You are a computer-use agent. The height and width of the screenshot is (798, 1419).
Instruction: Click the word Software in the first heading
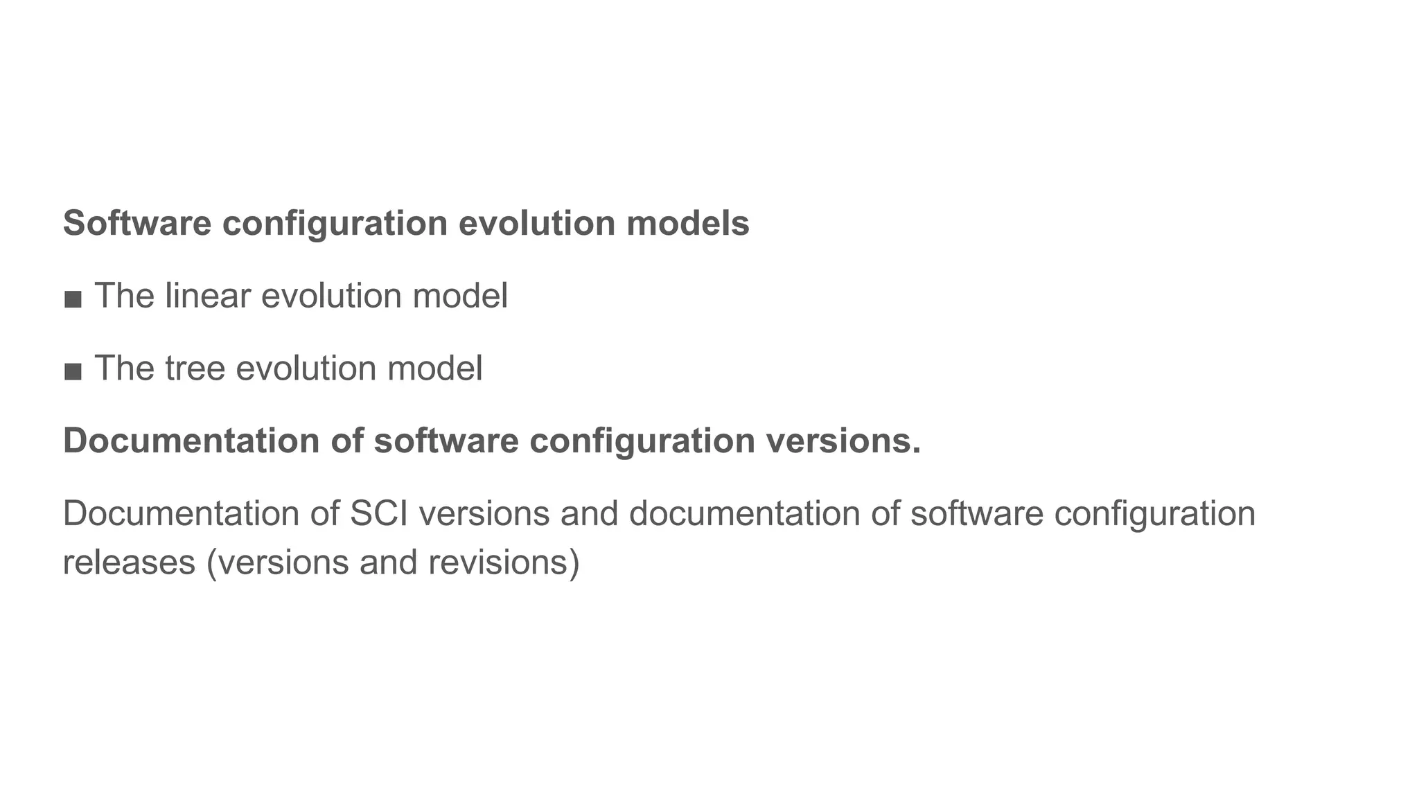click(x=137, y=224)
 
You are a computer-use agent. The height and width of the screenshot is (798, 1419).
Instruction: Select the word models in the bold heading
click(x=687, y=224)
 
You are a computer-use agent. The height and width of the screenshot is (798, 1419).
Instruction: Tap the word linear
click(x=207, y=296)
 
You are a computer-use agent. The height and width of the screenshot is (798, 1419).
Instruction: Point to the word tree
click(x=195, y=368)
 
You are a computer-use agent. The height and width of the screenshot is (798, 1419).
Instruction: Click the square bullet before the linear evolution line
click(x=73, y=299)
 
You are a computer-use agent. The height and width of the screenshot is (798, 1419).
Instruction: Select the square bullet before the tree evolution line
click(x=73, y=371)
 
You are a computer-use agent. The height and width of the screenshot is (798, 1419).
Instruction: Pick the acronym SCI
click(x=379, y=513)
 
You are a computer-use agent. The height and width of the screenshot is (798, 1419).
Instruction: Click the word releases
click(x=129, y=562)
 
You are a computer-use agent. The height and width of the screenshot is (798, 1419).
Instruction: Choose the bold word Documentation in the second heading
click(x=191, y=441)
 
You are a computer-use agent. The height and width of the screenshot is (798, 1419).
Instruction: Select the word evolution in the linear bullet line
click(x=331, y=296)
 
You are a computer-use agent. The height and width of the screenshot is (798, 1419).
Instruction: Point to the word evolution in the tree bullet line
click(x=306, y=368)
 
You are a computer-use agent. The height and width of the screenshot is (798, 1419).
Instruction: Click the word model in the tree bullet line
click(x=435, y=368)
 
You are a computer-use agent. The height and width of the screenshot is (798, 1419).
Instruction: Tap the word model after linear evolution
click(x=460, y=296)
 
